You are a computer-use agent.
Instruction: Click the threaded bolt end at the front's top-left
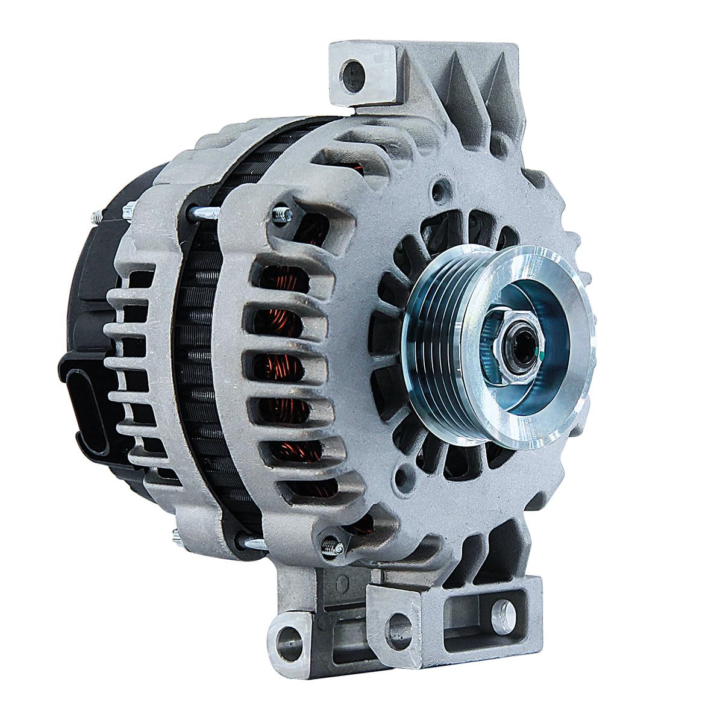[281, 215]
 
